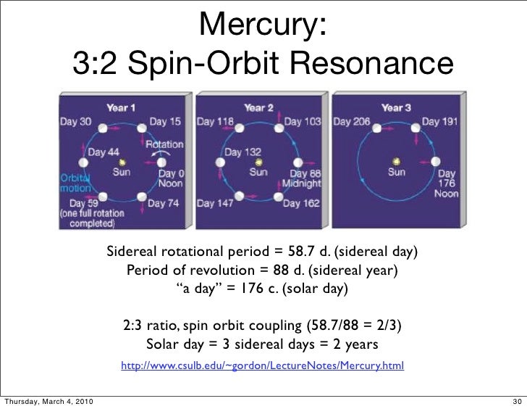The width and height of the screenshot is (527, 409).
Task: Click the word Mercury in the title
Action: pyautogui.click(x=263, y=27)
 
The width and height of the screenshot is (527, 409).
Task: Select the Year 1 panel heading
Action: pyautogui.click(x=121, y=107)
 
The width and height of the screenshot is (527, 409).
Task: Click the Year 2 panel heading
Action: pyautogui.click(x=258, y=107)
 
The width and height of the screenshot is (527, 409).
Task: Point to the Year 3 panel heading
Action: pyautogui.click(x=396, y=107)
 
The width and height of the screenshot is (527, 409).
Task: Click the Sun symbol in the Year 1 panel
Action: pyautogui.click(x=122, y=162)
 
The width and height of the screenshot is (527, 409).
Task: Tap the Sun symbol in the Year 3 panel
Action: pyautogui.click(x=396, y=161)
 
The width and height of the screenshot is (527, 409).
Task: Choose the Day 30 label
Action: pyautogui.click(x=75, y=122)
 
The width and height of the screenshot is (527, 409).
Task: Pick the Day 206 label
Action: pyautogui.click(x=352, y=122)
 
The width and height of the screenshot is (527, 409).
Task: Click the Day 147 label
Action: pyautogui.click(x=215, y=204)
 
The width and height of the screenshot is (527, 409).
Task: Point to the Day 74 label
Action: pyautogui.click(x=164, y=204)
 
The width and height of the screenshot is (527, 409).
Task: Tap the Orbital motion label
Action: pyautogui.click(x=75, y=181)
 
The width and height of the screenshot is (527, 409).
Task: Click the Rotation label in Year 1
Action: pyautogui.click(x=164, y=144)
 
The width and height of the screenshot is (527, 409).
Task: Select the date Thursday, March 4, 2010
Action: pyautogui.click(x=48, y=401)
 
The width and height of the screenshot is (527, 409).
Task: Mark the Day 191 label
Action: pyautogui.click(x=440, y=122)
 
